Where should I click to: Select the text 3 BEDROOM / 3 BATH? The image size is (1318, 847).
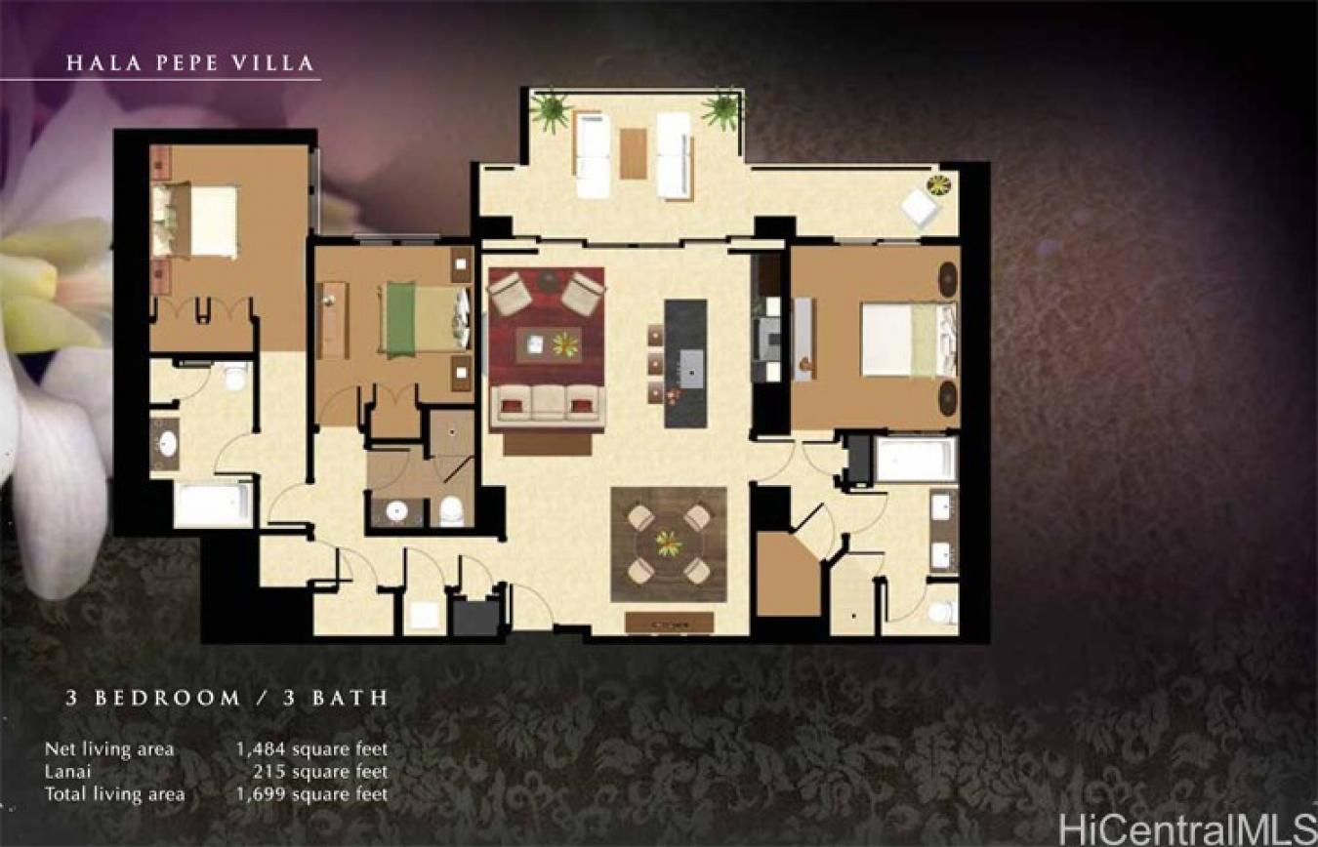click(227, 698)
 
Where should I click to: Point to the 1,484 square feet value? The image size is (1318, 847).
click(310, 749)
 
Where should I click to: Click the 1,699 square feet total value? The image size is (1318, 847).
click(310, 794)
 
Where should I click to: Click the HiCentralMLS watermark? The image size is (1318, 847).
click(1185, 827)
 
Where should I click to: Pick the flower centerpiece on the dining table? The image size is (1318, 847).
click(669, 543)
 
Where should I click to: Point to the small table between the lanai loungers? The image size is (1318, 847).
click(633, 153)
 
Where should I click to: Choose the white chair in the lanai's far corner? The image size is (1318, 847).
click(920, 208)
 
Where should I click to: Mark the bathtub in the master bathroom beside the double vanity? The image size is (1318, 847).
click(915, 459)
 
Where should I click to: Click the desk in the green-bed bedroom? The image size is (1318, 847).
click(332, 319)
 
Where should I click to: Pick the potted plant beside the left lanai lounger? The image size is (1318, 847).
click(551, 110)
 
